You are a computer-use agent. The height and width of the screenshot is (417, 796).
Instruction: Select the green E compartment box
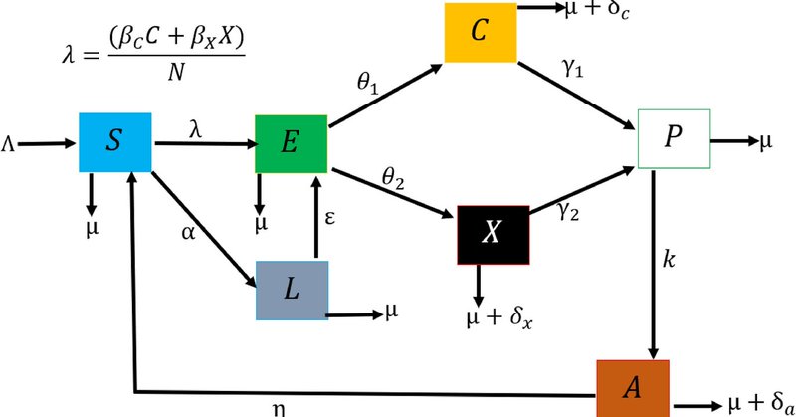coord(291,143)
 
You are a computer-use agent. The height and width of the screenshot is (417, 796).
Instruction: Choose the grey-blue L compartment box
coord(292,290)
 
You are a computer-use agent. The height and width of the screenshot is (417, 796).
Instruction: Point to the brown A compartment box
coord(633,388)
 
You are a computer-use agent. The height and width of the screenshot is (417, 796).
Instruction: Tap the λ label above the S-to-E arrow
coord(195,128)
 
